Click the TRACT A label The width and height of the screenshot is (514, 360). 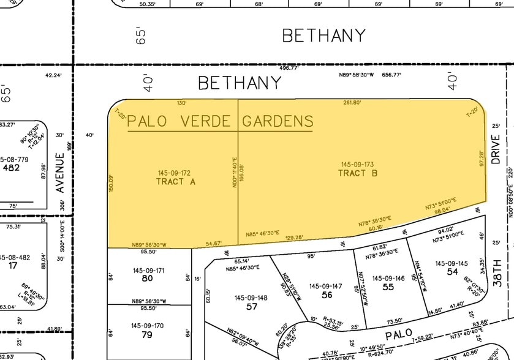click(174, 181)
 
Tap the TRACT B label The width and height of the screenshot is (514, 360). click(358, 173)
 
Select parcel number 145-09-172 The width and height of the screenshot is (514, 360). click(174, 173)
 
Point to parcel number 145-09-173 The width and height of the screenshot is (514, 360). click(358, 164)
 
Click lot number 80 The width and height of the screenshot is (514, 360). click(147, 278)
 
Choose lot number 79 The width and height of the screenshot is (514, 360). click(147, 334)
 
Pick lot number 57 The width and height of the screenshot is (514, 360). click(251, 306)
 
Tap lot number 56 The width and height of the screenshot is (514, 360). click(325, 294)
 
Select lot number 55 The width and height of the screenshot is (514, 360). click(388, 287)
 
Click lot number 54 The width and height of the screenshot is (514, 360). click(452, 271)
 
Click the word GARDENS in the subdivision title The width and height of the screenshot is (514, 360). click(278, 121)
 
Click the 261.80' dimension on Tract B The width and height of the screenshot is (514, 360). click(352, 103)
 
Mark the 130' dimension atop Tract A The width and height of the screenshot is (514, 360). click(181, 103)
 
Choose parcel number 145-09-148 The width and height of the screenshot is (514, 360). click(251, 298)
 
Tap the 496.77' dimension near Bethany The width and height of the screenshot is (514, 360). click(289, 69)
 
